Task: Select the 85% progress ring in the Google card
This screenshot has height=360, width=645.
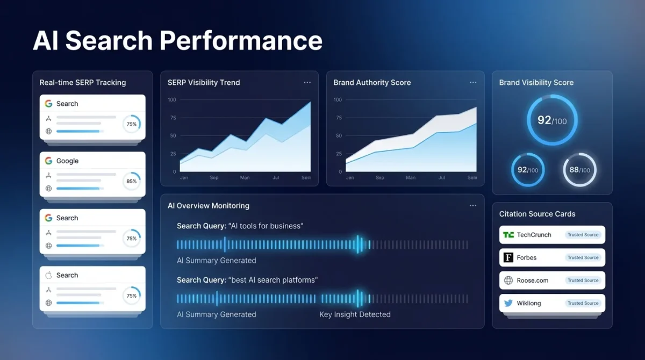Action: (131, 181)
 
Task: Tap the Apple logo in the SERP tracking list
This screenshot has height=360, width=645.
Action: (48, 275)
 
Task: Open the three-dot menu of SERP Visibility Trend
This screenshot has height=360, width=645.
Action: (307, 83)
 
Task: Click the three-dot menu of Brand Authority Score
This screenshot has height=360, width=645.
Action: (473, 83)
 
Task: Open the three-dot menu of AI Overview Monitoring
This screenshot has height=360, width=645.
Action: (473, 206)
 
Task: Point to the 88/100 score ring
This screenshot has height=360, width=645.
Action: (579, 170)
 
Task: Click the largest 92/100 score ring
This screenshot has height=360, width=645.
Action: (552, 120)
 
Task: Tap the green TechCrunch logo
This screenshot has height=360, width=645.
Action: (508, 235)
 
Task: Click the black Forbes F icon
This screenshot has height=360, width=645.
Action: (508, 257)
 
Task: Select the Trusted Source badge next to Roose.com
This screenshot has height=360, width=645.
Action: (583, 280)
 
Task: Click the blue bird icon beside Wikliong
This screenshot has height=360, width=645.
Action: (508, 303)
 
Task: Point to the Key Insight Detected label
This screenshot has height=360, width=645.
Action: (355, 314)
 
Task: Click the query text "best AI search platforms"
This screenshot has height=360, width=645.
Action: (273, 280)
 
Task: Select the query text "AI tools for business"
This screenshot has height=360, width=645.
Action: (266, 226)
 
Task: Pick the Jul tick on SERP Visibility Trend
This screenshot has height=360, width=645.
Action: (276, 177)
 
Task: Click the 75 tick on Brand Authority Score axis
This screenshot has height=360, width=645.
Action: (338, 118)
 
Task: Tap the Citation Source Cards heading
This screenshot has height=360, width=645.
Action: (537, 214)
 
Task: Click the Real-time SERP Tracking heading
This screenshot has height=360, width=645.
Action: (83, 83)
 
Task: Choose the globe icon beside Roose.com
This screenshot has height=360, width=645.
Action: (508, 280)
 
